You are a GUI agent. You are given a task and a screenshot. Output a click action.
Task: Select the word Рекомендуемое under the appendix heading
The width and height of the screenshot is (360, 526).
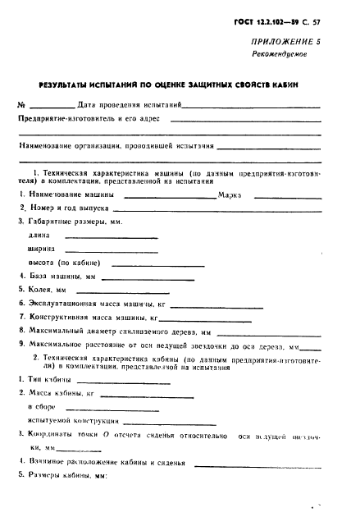[279, 56]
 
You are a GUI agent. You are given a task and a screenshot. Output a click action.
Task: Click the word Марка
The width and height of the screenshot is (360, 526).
[230, 195]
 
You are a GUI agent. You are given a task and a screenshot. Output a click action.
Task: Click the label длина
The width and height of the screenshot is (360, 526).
[38, 236]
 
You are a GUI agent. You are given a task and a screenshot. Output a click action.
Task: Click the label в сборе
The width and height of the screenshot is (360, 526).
[41, 407]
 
